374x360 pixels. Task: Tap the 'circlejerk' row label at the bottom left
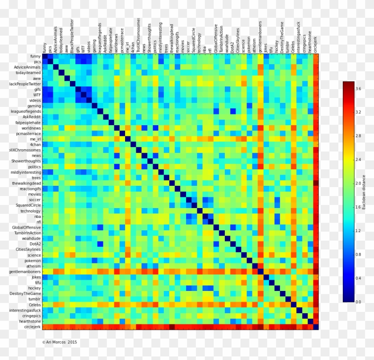coord(30,327)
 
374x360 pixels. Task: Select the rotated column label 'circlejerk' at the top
coord(316,44)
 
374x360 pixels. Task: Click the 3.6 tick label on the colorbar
coord(358,89)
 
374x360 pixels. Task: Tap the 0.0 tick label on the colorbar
coord(358,302)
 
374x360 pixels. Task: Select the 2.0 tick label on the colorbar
coord(358,183)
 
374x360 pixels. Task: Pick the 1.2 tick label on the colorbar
coord(358,231)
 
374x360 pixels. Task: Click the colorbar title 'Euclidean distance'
coord(364,192)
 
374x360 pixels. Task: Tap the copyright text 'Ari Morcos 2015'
coord(60,342)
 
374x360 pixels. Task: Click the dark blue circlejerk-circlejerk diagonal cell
coord(316,327)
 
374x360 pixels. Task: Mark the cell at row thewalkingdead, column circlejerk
coord(316,183)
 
